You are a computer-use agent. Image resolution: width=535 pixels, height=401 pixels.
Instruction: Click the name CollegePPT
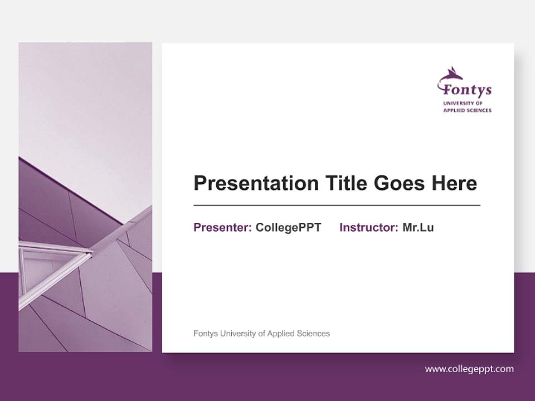point(288,227)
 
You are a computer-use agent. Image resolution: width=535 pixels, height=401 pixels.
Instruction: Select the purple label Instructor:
point(368,227)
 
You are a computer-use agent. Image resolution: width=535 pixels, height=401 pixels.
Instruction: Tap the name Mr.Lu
point(418,227)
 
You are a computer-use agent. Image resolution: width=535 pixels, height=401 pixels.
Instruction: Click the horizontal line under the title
point(337,206)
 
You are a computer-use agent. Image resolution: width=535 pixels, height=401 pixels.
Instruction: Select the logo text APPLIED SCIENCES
point(467,110)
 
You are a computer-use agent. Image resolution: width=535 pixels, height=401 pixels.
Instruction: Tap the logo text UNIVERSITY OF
point(463,104)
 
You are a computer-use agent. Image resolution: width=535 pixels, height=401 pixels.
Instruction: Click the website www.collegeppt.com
point(469,369)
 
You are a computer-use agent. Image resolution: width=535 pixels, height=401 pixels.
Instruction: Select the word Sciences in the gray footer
point(312,334)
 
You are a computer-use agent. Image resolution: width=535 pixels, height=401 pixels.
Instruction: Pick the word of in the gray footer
point(261,334)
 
